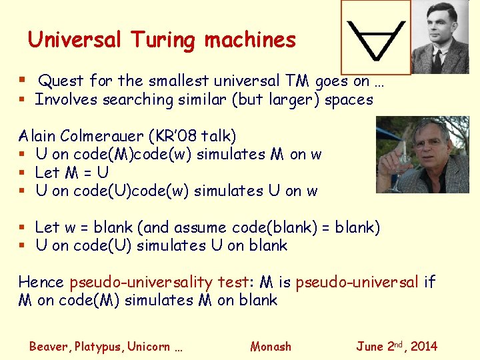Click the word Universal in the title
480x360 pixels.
point(74,40)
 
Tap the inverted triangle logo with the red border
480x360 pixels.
point(374,37)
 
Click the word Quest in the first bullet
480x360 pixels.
point(61,81)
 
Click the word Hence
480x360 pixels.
point(41,282)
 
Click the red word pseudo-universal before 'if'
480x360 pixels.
point(357,282)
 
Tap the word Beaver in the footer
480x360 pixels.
point(49,347)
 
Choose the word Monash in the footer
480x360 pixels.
point(271,347)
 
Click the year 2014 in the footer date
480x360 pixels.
point(423,347)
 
